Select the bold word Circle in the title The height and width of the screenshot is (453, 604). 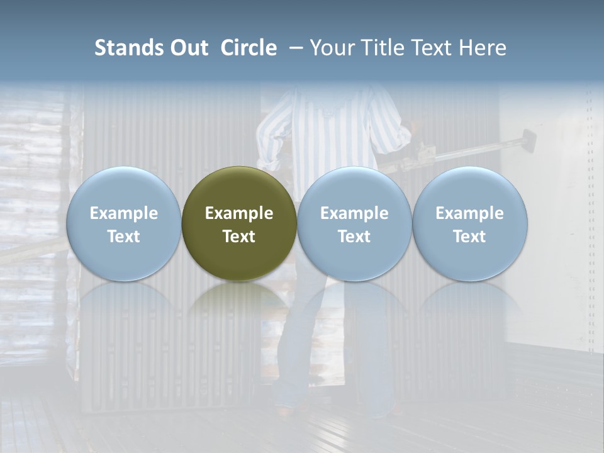pyautogui.click(x=249, y=48)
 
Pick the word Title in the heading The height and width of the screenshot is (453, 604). pyautogui.click(x=383, y=48)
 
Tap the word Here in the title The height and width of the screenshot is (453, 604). pyautogui.click(x=483, y=48)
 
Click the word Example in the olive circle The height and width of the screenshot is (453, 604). pyautogui.click(x=239, y=213)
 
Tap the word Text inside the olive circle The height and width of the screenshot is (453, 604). pyautogui.click(x=239, y=237)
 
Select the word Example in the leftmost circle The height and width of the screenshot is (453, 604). pyautogui.click(x=123, y=213)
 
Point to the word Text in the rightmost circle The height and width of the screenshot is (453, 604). pyautogui.click(x=470, y=237)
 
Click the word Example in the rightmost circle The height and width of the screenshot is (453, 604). pyautogui.click(x=470, y=213)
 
